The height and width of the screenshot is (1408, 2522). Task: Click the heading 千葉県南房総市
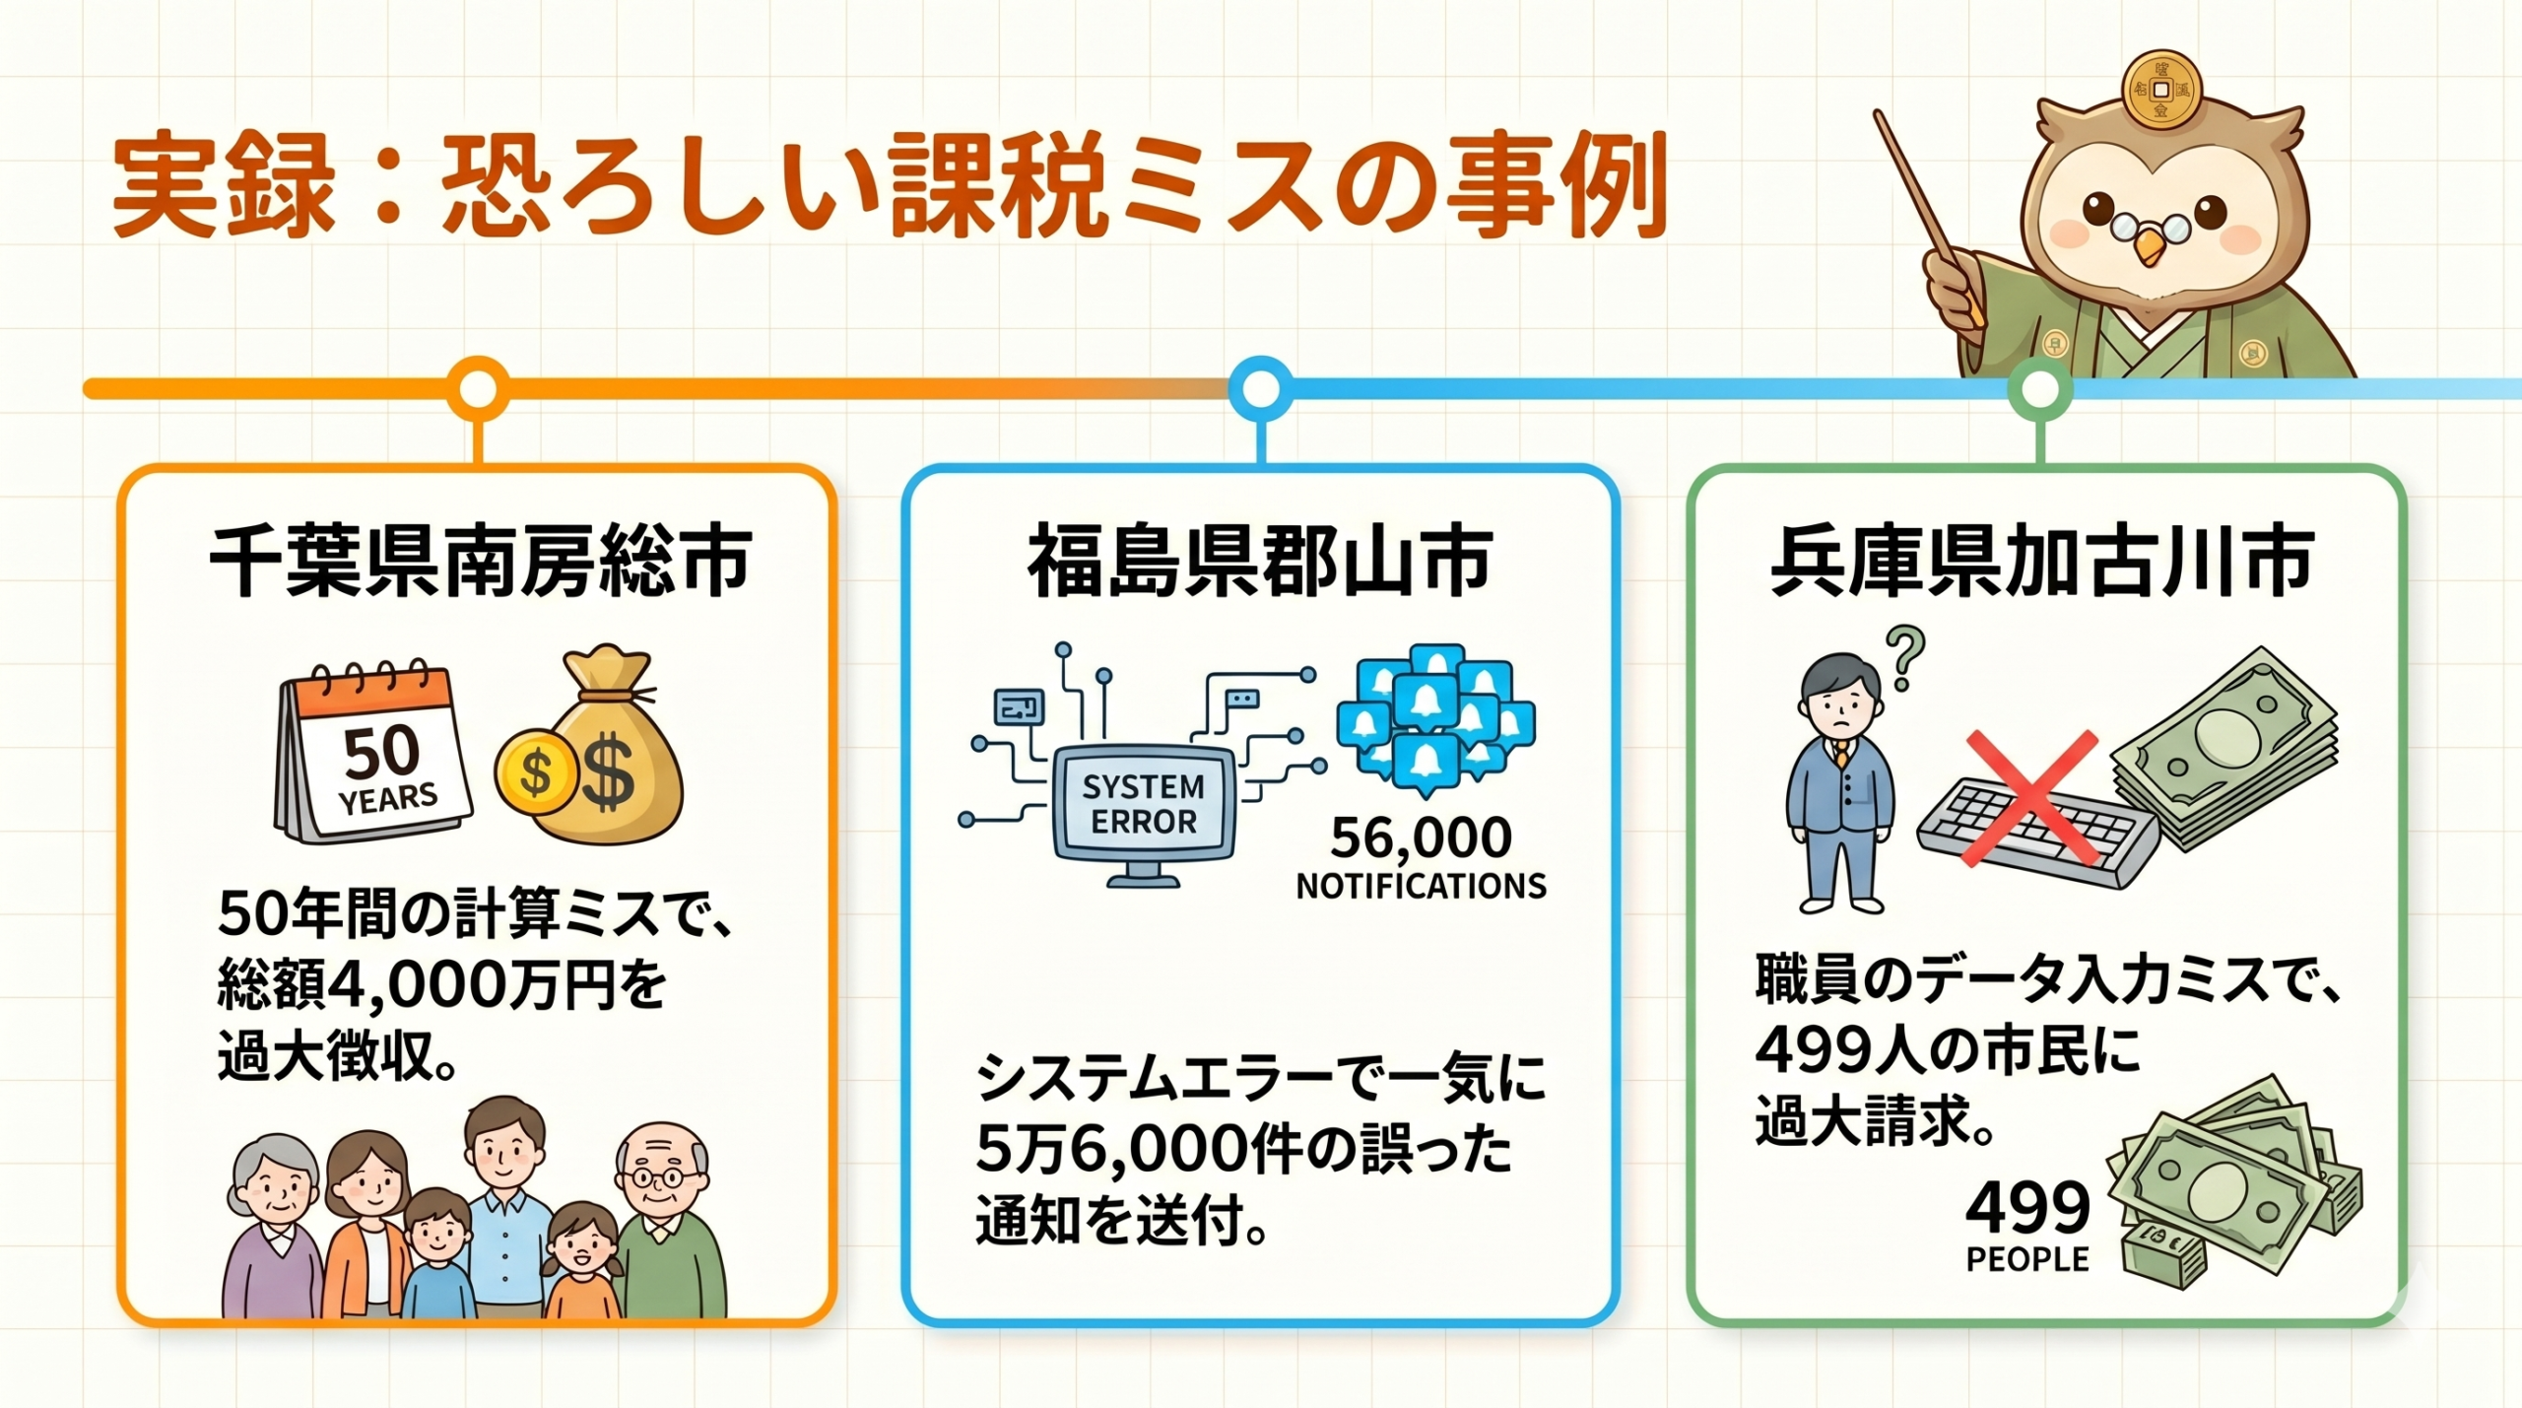click(x=480, y=563)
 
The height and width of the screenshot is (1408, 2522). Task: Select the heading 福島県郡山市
click(x=1260, y=563)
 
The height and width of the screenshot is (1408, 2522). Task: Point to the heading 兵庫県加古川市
click(x=2042, y=563)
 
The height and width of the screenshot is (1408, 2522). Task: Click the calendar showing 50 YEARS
click(x=372, y=753)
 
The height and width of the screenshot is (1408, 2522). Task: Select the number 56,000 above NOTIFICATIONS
click(x=1421, y=838)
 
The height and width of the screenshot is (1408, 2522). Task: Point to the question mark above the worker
click(x=1905, y=659)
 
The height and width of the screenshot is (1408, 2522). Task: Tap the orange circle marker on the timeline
click(x=478, y=389)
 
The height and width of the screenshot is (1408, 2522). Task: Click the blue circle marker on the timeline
click(x=1261, y=389)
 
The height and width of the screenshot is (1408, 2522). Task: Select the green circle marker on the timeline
click(x=2040, y=389)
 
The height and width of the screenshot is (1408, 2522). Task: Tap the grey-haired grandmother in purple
click(x=274, y=1226)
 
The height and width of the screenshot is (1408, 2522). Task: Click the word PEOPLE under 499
click(x=2027, y=1259)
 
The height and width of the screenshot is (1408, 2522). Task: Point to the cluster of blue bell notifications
click(x=1435, y=720)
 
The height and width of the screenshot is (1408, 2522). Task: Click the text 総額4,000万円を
click(x=441, y=984)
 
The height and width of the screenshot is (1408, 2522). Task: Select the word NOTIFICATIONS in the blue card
click(x=1421, y=887)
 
